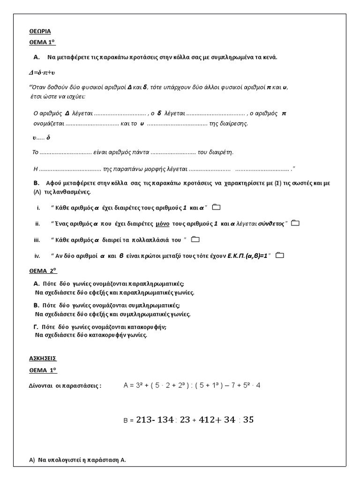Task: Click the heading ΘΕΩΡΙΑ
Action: (x=39, y=31)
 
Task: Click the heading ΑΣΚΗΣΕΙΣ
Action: (x=42, y=358)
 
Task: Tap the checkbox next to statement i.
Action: (x=216, y=207)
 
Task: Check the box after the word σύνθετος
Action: (x=295, y=223)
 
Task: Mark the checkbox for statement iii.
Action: (x=195, y=240)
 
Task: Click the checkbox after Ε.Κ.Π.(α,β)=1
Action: (x=280, y=255)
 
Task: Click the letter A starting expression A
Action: (x=126, y=385)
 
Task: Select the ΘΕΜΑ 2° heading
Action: (x=43, y=271)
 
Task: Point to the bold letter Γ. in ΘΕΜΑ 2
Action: (x=37, y=327)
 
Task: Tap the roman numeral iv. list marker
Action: (x=37, y=255)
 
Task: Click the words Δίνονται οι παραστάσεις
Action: (x=65, y=386)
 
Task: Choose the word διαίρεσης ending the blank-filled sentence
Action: (x=234, y=124)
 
